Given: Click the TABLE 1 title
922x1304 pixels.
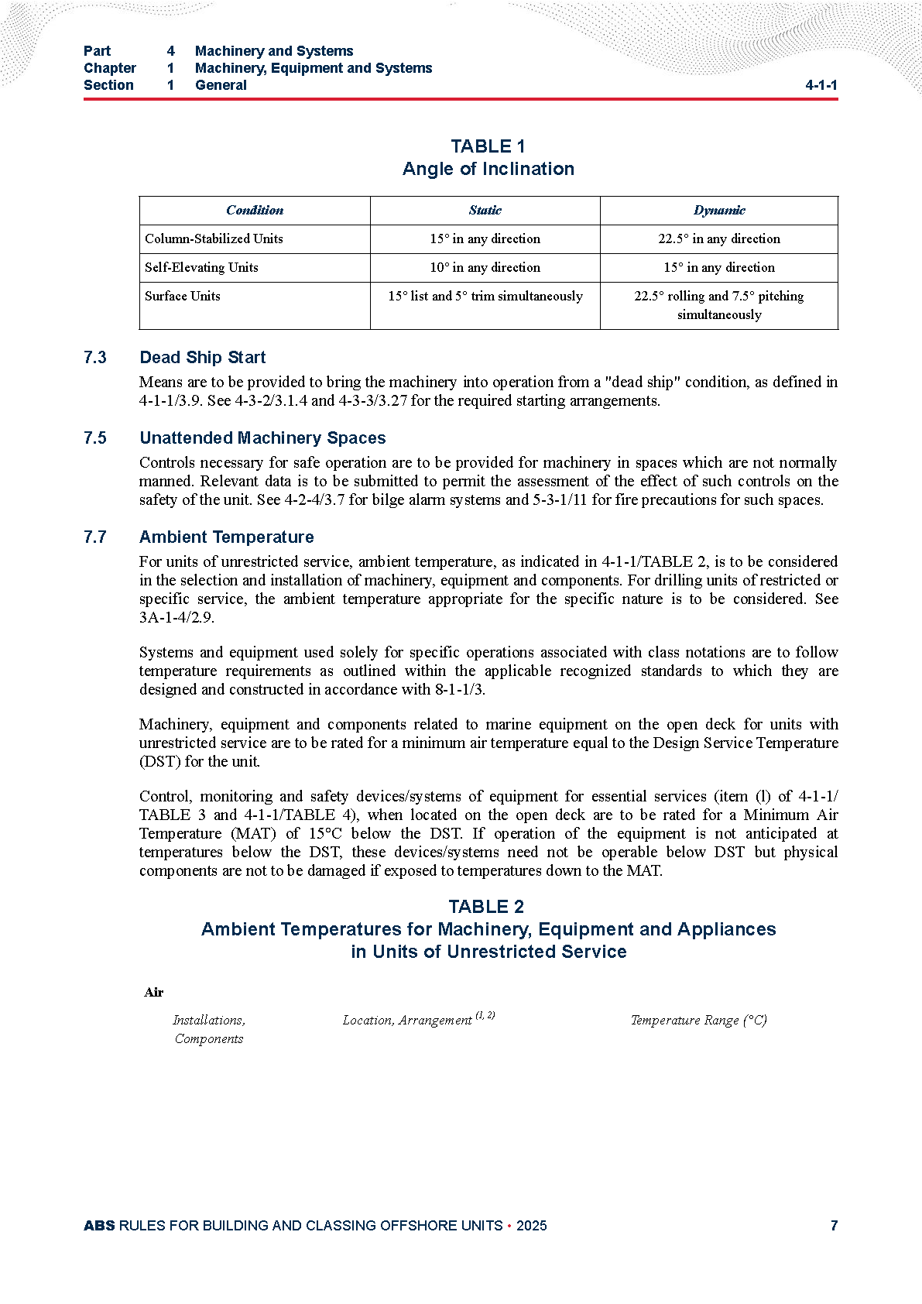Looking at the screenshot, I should click(x=488, y=146).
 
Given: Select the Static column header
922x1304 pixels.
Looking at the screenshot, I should click(x=485, y=210).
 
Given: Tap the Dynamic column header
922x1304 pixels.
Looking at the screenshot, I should click(x=719, y=210).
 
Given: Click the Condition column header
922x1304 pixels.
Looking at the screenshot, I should click(x=254, y=210).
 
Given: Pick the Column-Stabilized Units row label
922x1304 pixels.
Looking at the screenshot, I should click(x=214, y=238).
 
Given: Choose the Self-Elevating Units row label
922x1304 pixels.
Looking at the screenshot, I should click(x=201, y=267).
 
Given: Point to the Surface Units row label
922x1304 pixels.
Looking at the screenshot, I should click(x=182, y=296).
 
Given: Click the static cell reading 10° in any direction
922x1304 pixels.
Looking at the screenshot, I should click(x=485, y=267).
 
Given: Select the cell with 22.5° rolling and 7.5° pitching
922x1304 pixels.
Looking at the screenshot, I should click(x=719, y=305).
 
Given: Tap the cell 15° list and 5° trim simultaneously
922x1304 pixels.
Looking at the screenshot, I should click(x=485, y=296).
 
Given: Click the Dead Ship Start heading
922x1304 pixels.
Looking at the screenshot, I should click(x=202, y=357).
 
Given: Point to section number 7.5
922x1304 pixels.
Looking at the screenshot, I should click(x=95, y=438).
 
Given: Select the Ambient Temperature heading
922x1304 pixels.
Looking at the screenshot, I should click(x=226, y=537).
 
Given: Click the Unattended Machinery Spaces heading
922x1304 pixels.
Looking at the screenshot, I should click(x=262, y=438).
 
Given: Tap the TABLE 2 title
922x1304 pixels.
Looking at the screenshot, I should click(x=486, y=907).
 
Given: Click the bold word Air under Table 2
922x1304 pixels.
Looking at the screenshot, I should click(x=153, y=992).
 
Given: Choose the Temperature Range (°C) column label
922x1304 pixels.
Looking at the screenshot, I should click(x=698, y=1020).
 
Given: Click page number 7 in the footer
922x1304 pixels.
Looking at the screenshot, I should click(x=834, y=1225).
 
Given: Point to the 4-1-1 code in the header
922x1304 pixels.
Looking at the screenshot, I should click(x=821, y=85).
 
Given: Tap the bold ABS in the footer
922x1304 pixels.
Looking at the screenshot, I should click(x=99, y=1225).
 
